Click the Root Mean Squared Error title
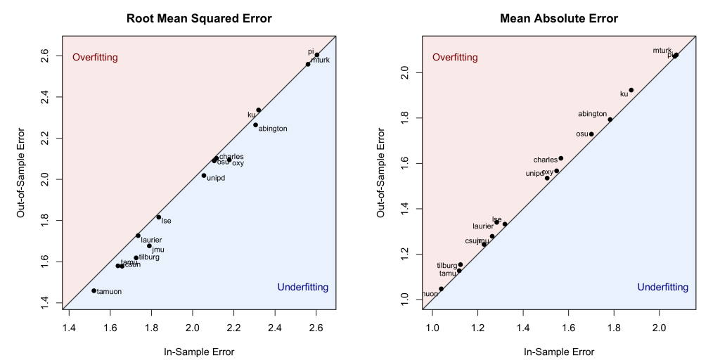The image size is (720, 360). (x=199, y=18)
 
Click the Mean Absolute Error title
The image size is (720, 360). (x=559, y=18)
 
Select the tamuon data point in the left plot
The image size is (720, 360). (x=94, y=290)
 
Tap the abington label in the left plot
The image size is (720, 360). (x=273, y=129)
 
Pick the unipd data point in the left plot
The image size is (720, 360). (x=204, y=175)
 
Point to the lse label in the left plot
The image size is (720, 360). (x=167, y=221)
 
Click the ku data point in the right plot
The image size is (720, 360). (x=631, y=90)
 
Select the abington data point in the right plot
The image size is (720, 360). (x=610, y=120)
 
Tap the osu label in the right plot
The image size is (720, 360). (x=582, y=134)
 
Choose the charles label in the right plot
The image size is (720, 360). (x=545, y=160)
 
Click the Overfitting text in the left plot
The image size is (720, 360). (x=95, y=57)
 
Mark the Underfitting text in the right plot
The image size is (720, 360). (x=662, y=288)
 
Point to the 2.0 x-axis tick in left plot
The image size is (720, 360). (x=193, y=327)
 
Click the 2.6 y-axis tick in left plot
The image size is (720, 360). (x=44, y=54)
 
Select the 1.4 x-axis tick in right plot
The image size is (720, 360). (x=523, y=327)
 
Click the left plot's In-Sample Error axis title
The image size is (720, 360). (x=199, y=352)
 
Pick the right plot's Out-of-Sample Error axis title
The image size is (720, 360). (x=381, y=172)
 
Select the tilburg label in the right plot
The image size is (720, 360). (x=447, y=266)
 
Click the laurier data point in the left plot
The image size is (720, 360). (x=139, y=236)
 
